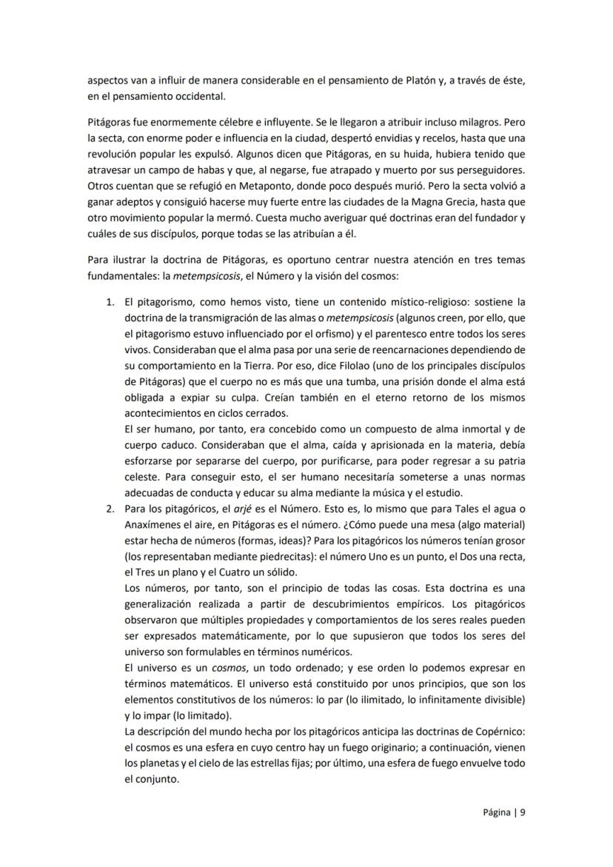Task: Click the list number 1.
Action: pyautogui.click(x=109, y=302)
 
